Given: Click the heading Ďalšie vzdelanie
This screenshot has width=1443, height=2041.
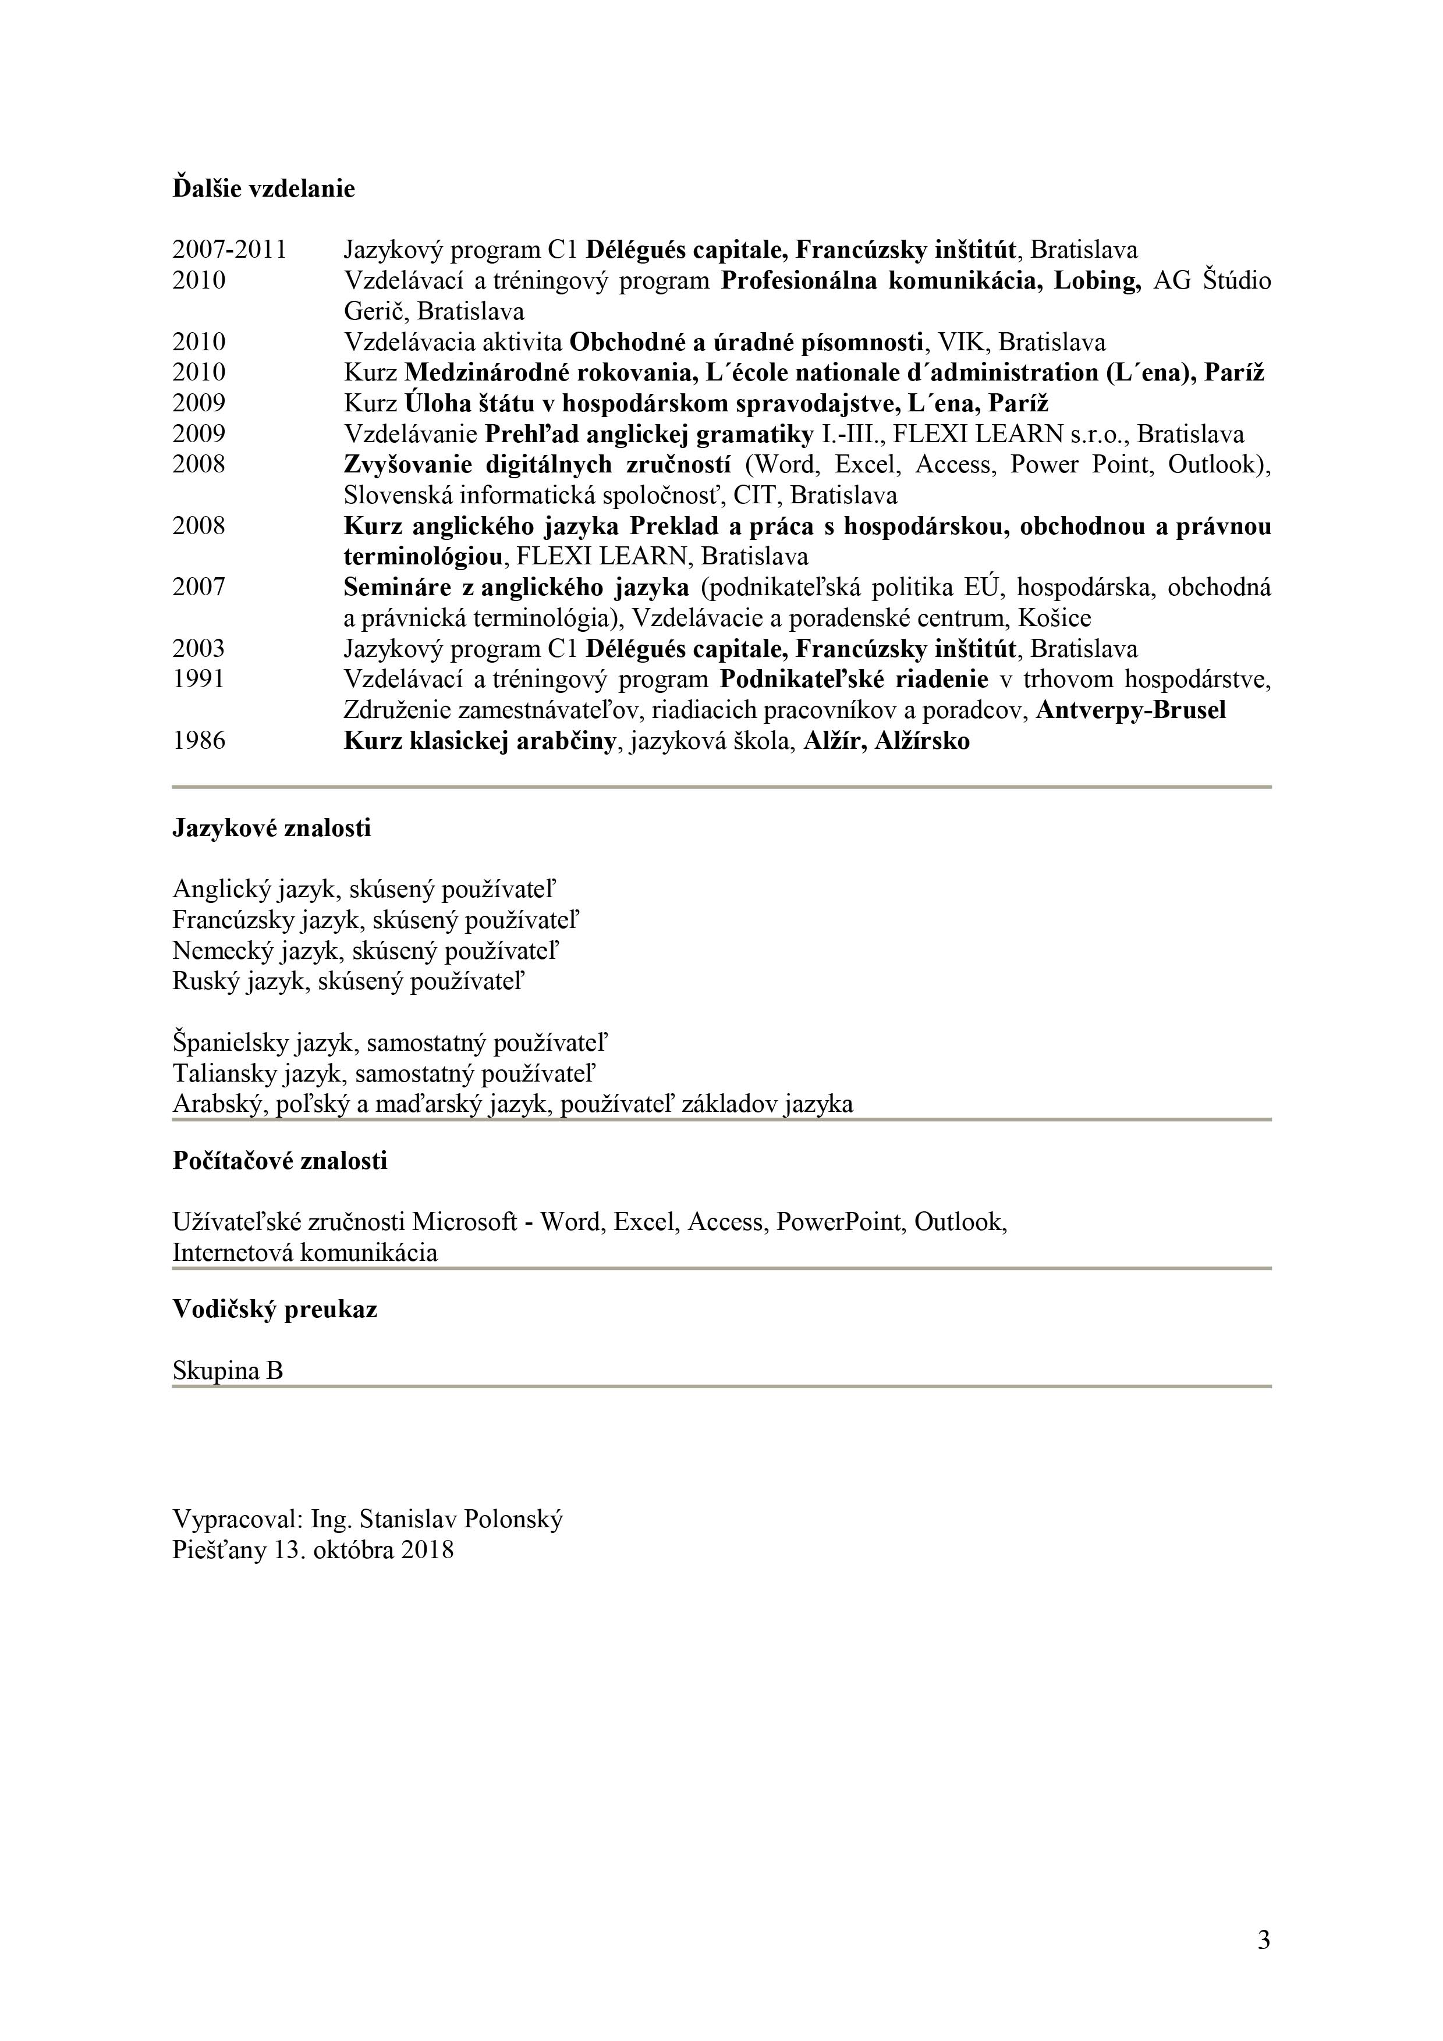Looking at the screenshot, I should (x=263, y=189).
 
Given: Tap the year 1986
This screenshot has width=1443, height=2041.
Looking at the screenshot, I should (x=198, y=741).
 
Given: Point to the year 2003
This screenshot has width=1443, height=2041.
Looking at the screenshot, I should (x=198, y=649).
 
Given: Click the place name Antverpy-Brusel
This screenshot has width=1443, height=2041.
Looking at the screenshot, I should (x=1131, y=711).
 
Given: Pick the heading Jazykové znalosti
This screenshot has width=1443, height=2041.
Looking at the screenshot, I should (x=271, y=829).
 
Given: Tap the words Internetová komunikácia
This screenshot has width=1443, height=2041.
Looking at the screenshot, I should (x=305, y=1253).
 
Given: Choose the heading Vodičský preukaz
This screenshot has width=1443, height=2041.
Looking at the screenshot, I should (x=275, y=1310).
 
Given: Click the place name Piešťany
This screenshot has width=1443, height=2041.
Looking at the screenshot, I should (x=219, y=1551).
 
